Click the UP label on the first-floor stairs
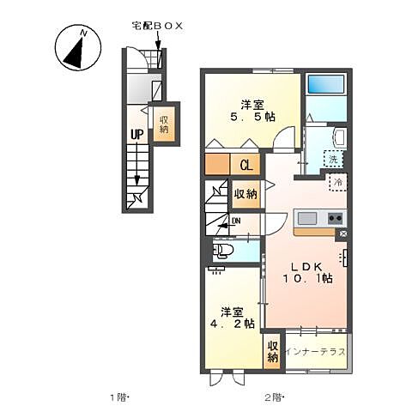(136, 134)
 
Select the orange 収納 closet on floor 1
(163, 123)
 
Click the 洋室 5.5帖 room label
(252, 110)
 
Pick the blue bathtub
(325, 85)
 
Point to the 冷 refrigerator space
(337, 183)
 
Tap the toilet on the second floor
(223, 251)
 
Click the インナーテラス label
(316, 351)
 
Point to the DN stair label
(234, 221)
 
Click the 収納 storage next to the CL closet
(245, 194)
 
